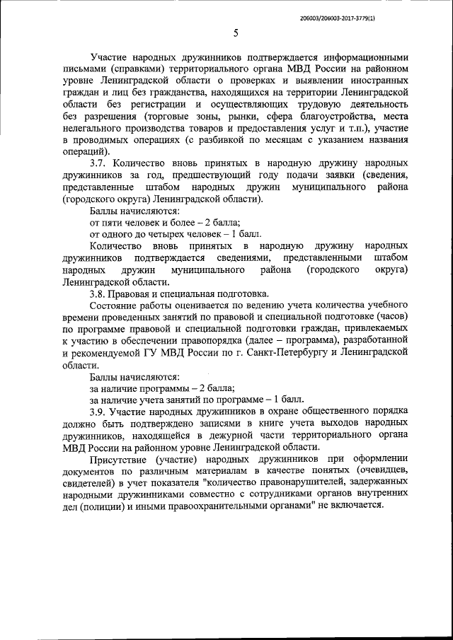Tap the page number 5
(234, 33)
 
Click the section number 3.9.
(99, 412)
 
